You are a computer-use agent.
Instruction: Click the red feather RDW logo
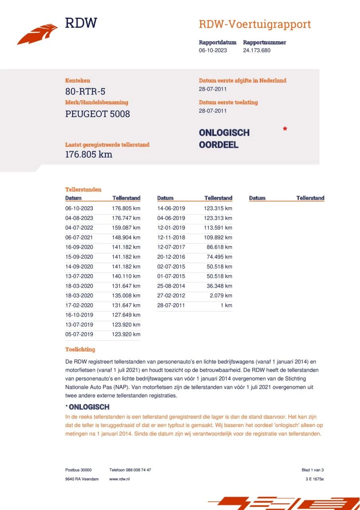point(37,34)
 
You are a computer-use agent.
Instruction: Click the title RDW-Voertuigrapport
point(254,24)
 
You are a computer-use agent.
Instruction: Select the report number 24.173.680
point(256,51)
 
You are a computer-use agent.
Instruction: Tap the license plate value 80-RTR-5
point(85,92)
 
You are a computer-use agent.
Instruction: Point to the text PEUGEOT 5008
point(98,114)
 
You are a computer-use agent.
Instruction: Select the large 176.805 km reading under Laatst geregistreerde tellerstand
point(88,155)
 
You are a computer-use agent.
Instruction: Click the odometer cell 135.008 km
point(126,296)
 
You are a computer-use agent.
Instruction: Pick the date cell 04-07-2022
point(79,228)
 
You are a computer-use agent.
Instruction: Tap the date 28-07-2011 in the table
point(171,305)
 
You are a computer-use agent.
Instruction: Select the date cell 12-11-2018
point(171,237)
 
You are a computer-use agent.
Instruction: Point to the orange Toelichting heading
point(80,349)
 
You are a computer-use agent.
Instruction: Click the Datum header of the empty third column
point(257,198)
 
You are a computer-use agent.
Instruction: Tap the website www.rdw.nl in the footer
point(119,479)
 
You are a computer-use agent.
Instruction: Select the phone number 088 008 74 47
point(137,470)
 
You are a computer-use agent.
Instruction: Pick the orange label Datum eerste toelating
point(228,102)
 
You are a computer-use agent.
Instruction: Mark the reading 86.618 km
point(219,247)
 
